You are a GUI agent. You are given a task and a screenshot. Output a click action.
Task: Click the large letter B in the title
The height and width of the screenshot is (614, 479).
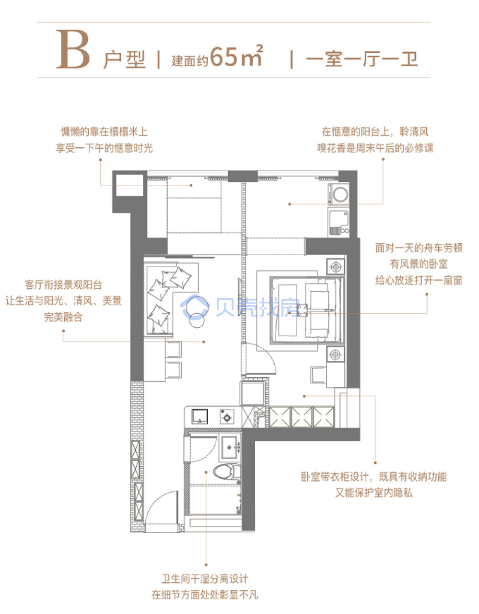(73, 49)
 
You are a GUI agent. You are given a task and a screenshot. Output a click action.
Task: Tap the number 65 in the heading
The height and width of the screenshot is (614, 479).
(224, 57)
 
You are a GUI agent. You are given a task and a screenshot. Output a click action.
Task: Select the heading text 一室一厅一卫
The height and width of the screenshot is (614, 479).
(362, 59)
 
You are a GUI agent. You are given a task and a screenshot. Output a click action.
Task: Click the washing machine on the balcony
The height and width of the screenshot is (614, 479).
(339, 194)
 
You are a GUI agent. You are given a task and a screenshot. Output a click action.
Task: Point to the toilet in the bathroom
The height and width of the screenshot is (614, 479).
(226, 472)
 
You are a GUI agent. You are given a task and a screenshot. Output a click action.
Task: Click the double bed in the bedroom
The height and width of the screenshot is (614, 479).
(306, 310)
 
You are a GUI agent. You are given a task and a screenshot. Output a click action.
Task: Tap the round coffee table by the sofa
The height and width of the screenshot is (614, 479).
(197, 320)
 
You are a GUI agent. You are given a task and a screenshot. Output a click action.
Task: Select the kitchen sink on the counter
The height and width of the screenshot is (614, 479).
(199, 416)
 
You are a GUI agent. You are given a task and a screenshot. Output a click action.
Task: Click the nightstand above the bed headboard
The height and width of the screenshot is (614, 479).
(335, 266)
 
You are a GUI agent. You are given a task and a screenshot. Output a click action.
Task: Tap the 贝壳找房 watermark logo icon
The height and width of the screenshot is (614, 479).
(195, 307)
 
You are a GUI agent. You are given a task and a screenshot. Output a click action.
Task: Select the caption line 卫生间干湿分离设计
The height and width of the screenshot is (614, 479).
(205, 579)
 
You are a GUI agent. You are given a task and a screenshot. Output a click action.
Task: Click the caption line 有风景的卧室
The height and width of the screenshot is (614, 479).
(419, 264)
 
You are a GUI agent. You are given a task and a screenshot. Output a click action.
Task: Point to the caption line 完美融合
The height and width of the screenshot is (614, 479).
(63, 317)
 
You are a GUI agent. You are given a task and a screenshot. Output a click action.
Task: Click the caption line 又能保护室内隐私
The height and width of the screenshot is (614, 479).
(374, 493)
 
